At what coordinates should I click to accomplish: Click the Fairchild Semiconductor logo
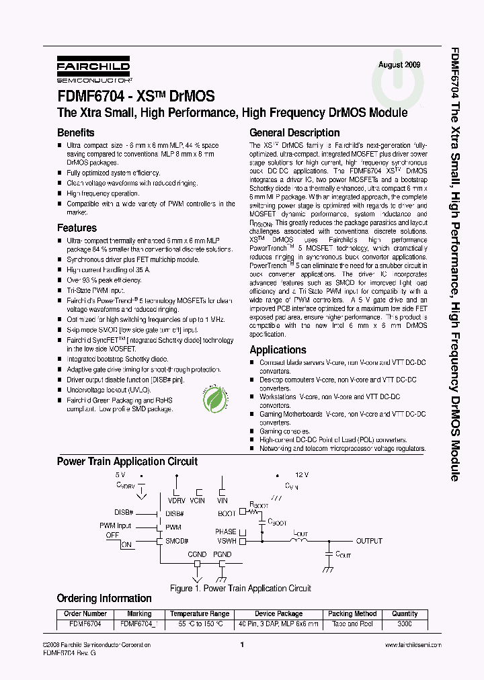coord(93,69)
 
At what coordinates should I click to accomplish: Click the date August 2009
coord(399,65)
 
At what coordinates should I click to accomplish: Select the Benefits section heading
coord(75,133)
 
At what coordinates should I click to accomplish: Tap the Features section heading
coord(77,228)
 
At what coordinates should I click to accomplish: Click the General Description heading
coord(294,133)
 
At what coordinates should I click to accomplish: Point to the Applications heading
coord(278,350)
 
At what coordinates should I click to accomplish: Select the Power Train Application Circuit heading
coord(127,462)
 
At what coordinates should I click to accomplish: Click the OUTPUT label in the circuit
coord(369,541)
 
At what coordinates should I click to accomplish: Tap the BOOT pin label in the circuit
coord(227,513)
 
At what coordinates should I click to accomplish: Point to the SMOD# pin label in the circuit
coord(177,541)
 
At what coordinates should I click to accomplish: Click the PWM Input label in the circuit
coord(116,525)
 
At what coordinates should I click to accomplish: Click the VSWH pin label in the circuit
coord(226,541)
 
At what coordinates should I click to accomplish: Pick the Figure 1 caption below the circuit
coord(240,589)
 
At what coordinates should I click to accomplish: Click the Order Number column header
coord(85,613)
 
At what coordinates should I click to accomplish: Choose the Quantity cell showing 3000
coord(405,624)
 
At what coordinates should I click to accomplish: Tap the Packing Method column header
coord(352,613)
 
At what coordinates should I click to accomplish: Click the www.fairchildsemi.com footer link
coord(412,645)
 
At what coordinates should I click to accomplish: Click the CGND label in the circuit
coord(197,555)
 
